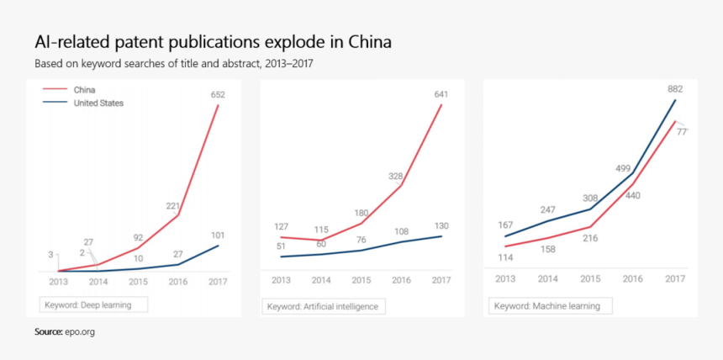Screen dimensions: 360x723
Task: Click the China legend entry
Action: click(84, 89)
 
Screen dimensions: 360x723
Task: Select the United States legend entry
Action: click(98, 103)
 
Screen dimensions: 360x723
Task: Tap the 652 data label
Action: click(217, 95)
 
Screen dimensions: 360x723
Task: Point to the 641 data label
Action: click(441, 94)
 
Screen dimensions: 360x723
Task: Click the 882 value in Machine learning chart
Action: click(674, 88)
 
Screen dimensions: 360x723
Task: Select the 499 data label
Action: click(625, 168)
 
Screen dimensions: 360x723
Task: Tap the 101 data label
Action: click(217, 236)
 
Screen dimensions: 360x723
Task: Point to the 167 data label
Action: click(504, 225)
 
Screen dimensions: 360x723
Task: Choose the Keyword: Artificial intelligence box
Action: click(323, 306)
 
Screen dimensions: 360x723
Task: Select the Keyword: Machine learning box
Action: click(546, 306)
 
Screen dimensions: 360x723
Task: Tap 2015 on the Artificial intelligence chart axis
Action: click(361, 280)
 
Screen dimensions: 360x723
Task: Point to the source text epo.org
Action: click(80, 332)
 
